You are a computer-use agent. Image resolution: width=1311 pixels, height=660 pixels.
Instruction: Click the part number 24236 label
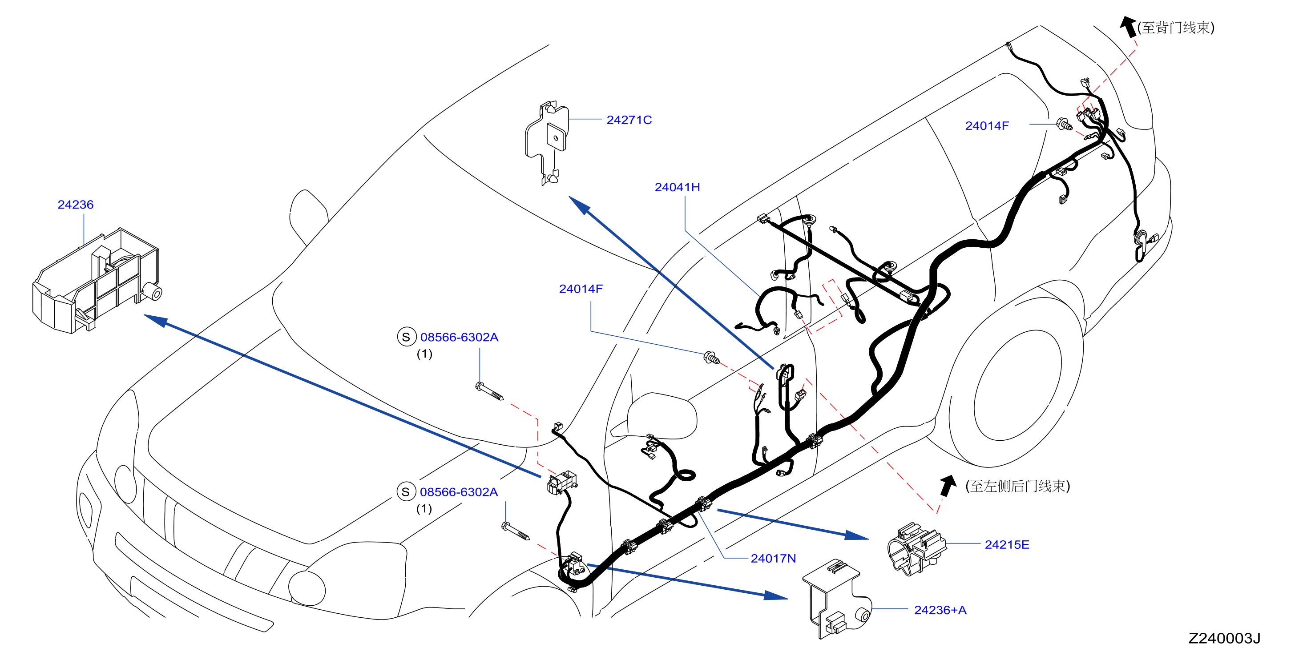pyautogui.click(x=75, y=205)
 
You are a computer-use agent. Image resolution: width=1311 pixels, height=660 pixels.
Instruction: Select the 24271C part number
pyautogui.click(x=629, y=120)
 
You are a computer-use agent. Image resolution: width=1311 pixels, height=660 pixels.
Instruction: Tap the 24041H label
pyautogui.click(x=678, y=187)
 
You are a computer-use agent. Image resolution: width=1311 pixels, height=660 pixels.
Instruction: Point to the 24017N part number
pyautogui.click(x=773, y=558)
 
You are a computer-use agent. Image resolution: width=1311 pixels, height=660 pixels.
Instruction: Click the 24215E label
pyautogui.click(x=1007, y=544)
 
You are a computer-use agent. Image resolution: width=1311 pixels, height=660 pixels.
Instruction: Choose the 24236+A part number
pyautogui.click(x=940, y=610)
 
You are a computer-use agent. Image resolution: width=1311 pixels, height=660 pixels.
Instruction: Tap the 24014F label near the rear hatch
pyautogui.click(x=987, y=126)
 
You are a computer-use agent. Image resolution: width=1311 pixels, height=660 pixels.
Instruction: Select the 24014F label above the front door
pyautogui.click(x=581, y=289)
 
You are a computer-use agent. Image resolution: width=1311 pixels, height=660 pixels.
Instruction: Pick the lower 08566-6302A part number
pyautogui.click(x=459, y=491)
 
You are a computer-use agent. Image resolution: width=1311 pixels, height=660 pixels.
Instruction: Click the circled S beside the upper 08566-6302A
pyautogui.click(x=406, y=337)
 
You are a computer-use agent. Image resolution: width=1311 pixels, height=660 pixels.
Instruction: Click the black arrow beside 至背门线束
pyautogui.click(x=1128, y=26)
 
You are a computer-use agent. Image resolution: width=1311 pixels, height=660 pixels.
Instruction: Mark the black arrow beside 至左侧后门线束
pyautogui.click(x=947, y=486)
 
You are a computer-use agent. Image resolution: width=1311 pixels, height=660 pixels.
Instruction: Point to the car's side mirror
pyautogui.click(x=657, y=416)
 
